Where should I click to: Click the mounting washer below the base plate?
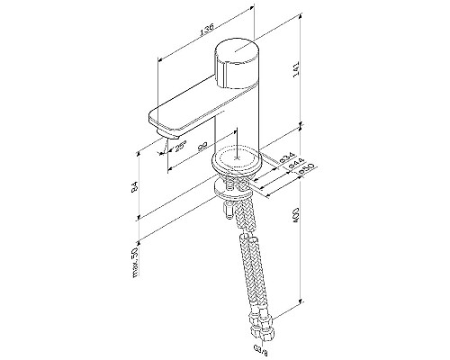(x=236, y=192)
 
